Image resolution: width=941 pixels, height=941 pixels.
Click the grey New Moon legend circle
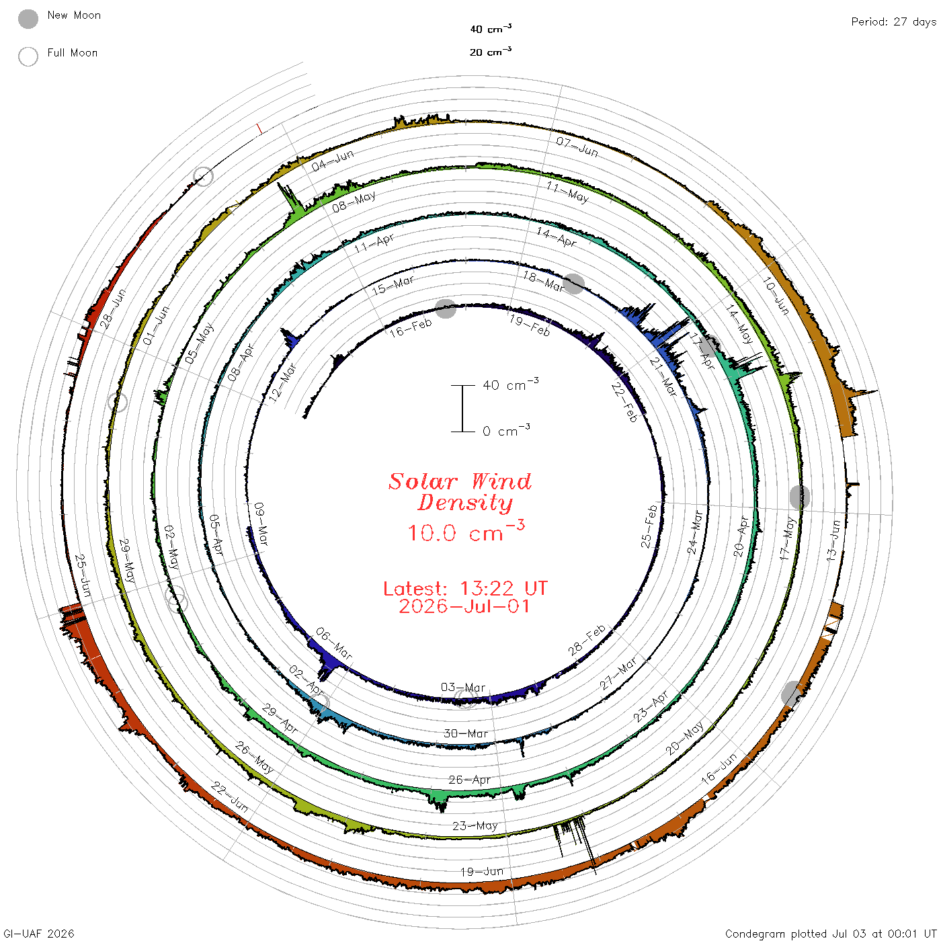pyautogui.click(x=28, y=19)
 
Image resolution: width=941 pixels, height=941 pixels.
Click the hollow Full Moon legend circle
pyautogui.click(x=28, y=56)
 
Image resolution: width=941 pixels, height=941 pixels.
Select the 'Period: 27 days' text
pyautogui.click(x=893, y=22)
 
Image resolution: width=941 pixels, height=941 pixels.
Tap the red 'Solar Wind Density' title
pyautogui.click(x=460, y=492)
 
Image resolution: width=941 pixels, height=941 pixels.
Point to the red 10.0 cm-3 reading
pyautogui.click(x=466, y=531)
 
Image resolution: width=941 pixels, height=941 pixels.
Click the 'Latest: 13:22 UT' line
pyautogui.click(x=465, y=588)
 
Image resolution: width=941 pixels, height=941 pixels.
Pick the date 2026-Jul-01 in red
pyautogui.click(x=464, y=606)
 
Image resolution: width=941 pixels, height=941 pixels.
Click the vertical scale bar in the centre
pyautogui.click(x=462, y=408)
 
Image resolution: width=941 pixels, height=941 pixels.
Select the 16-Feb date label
pyautogui.click(x=411, y=327)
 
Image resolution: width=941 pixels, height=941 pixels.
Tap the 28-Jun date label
pyautogui.click(x=113, y=308)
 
